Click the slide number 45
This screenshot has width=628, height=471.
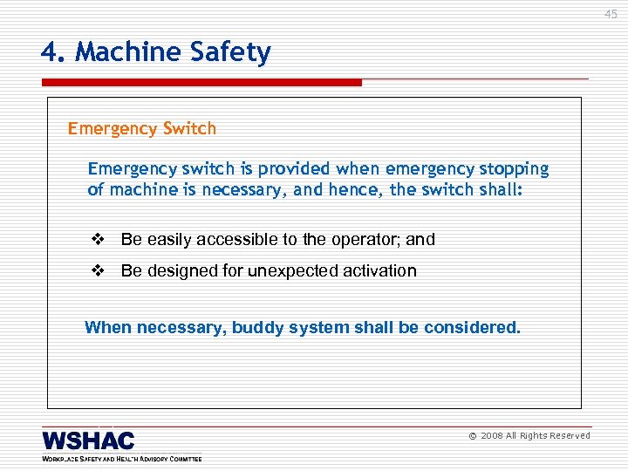click(611, 14)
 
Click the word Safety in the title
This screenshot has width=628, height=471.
click(231, 53)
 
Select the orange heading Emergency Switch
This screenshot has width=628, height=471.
click(142, 129)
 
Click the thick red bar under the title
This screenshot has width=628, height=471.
click(201, 83)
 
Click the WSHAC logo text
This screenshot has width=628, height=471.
click(88, 440)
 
